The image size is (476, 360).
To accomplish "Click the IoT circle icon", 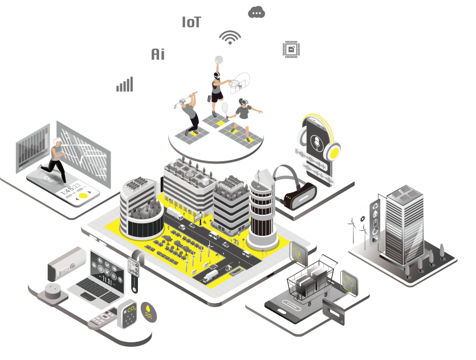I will (192, 22).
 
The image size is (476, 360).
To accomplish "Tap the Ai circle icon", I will (158, 54).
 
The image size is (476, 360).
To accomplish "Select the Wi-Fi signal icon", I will (230, 36).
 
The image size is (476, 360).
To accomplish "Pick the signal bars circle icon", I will (125, 84).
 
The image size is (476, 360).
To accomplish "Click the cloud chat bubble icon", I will (257, 13).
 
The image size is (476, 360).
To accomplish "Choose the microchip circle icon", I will (291, 50).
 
